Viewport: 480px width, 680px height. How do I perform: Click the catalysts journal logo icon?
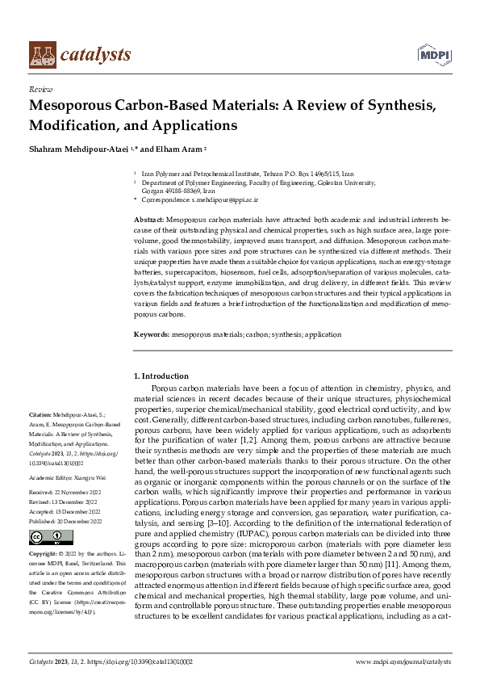[x=43, y=54]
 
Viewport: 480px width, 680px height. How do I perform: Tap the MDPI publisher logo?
[x=433, y=54]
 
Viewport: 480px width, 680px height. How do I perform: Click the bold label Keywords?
[x=152, y=334]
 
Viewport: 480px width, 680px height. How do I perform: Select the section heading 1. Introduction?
[x=161, y=376]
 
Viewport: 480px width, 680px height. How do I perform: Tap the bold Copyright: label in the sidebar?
[x=44, y=554]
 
